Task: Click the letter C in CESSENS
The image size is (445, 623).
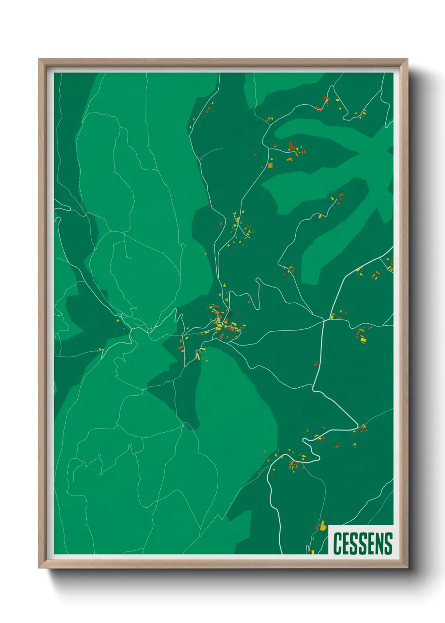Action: [x=337, y=543]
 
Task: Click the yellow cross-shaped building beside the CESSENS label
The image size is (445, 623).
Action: [x=323, y=526]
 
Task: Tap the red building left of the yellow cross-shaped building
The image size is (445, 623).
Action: [x=316, y=527]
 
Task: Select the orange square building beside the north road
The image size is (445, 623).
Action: [x=270, y=165]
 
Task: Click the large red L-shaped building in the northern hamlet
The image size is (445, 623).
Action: [x=291, y=146]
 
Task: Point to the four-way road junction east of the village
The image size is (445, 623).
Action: [x=323, y=320]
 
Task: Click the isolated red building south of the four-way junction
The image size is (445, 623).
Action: [x=316, y=364]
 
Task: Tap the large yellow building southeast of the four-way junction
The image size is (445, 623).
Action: [x=363, y=339]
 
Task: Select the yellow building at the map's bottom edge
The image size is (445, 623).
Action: [x=313, y=551]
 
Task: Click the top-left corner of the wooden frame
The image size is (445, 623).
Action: [x=39, y=59]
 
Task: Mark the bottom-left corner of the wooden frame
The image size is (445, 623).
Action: [x=39, y=568]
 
